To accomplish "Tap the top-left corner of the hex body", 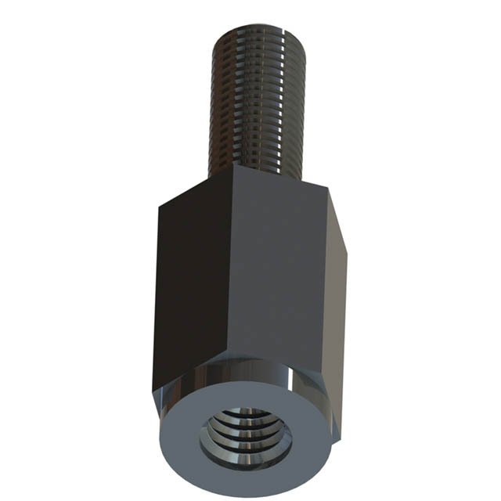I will tap(160, 206).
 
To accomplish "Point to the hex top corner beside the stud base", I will tap(234, 166).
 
